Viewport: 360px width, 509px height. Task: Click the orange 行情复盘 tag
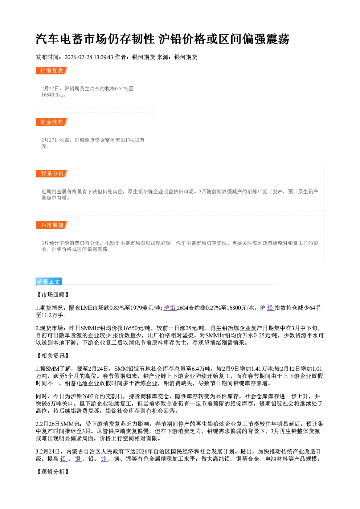pyautogui.click(x=52, y=70)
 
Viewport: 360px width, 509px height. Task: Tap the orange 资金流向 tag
pyautogui.click(x=52, y=122)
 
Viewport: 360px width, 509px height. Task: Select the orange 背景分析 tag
pyautogui.click(x=52, y=174)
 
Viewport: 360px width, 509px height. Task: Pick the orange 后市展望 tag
pyautogui.click(x=52, y=225)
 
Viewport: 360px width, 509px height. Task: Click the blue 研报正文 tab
pyautogui.click(x=49, y=282)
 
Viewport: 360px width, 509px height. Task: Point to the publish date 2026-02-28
pyautogui.click(x=78, y=57)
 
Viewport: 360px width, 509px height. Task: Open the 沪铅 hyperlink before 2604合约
pyautogui.click(x=169, y=308)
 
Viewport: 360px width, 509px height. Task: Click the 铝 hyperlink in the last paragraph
pyautogui.click(x=63, y=459)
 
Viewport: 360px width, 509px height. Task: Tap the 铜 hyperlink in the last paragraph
pyautogui.click(x=78, y=459)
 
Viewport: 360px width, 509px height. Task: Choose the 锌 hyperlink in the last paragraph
pyautogui.click(x=104, y=459)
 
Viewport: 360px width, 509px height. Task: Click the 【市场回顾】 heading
pyautogui.click(x=53, y=295)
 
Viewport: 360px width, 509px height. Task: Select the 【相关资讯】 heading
pyautogui.click(x=53, y=356)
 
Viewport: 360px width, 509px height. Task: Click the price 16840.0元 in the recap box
pyautogui.click(x=52, y=95)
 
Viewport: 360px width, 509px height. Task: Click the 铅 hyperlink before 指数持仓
pyautogui.click(x=270, y=308)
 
